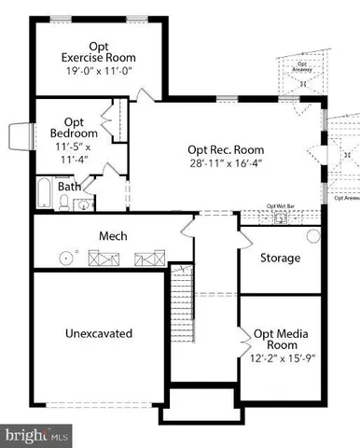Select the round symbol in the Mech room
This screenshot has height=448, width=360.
pos(65,256)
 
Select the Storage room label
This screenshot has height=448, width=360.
pos(280,258)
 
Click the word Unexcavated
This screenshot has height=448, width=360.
pos(99,333)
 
